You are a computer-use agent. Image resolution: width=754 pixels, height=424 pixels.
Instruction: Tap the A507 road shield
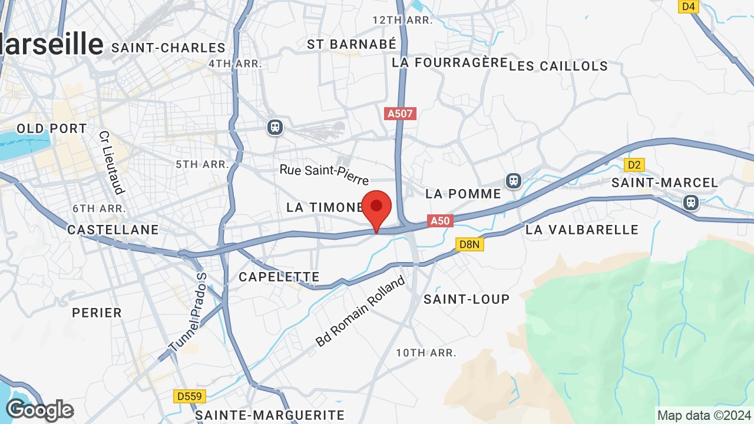pos(400,113)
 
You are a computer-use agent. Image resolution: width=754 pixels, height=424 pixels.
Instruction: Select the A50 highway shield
pos(440,221)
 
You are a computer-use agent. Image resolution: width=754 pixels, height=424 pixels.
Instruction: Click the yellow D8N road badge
pos(469,244)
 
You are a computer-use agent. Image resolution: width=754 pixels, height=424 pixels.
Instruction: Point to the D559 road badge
pos(189,396)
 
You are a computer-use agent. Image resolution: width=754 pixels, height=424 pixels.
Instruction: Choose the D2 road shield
pos(634,165)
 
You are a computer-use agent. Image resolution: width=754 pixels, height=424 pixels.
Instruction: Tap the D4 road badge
pos(688,6)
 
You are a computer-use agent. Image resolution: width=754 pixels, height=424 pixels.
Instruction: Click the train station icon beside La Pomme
pos(514,180)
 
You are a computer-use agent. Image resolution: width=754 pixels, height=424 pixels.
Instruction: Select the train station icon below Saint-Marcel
pos(690,203)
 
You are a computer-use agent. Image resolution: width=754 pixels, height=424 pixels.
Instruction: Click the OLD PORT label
pos(52,128)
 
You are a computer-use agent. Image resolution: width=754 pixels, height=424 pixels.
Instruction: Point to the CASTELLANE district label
pos(113,230)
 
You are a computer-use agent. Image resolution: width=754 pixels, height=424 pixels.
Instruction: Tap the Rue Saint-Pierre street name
pos(324,174)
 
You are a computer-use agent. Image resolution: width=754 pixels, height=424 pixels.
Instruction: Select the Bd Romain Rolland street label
pos(361,310)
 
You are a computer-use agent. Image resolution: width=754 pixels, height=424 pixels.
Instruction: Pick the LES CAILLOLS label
pos(558,66)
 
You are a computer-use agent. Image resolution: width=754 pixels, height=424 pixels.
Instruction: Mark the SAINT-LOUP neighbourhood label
pos(467,299)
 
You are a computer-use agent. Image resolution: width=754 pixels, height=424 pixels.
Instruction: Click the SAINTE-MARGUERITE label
pos(269,415)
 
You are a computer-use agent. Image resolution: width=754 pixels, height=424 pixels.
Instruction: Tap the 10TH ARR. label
pos(426,353)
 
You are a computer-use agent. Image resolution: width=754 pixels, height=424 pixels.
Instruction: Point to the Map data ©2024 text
pos(704,416)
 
